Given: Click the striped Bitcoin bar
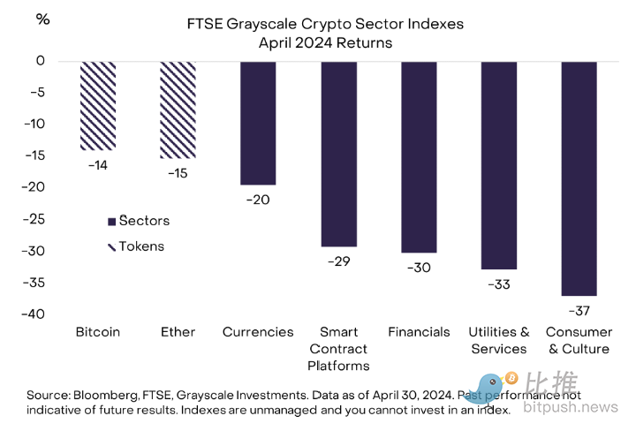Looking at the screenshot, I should click(97, 106).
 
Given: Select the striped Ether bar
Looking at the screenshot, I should click(178, 110).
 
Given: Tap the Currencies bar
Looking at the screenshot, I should click(258, 123).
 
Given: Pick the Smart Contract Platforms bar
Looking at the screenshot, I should click(338, 154).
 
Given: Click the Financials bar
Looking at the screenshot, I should click(419, 157).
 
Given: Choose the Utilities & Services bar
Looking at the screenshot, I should click(499, 165).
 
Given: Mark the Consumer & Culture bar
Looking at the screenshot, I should click(579, 178).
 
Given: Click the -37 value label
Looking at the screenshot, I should click(579, 310).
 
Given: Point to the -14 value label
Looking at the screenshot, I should click(97, 163).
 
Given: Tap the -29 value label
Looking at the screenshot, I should click(338, 261).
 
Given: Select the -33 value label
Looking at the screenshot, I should click(499, 284).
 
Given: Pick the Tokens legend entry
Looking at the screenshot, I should click(136, 246).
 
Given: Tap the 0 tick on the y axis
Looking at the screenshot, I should click(41, 61).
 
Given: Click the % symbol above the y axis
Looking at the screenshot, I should click(42, 19).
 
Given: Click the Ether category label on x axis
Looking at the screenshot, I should click(178, 332).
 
